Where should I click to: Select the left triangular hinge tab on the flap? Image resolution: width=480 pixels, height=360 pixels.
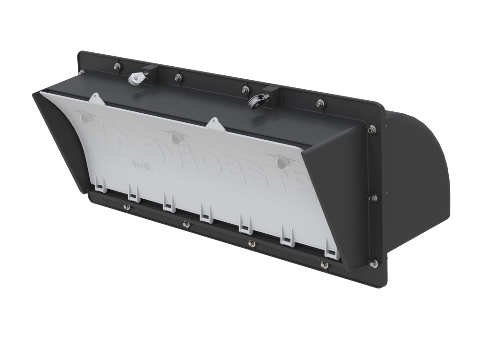95,98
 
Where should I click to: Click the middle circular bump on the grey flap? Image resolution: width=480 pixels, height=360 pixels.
175,138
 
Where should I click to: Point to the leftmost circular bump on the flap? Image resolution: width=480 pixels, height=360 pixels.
85,117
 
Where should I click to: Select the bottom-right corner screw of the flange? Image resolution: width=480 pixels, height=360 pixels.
373,263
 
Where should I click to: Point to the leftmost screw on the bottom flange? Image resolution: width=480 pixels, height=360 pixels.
126,207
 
